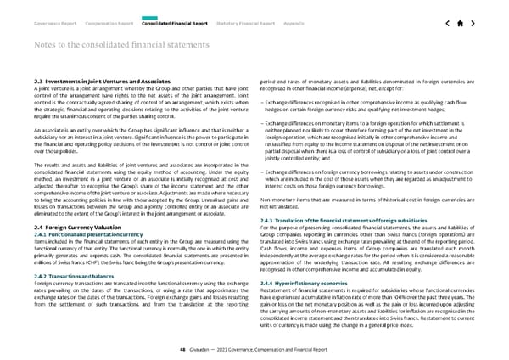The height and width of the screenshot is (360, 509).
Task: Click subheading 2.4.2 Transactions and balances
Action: pyautogui.click(x=68, y=253)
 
